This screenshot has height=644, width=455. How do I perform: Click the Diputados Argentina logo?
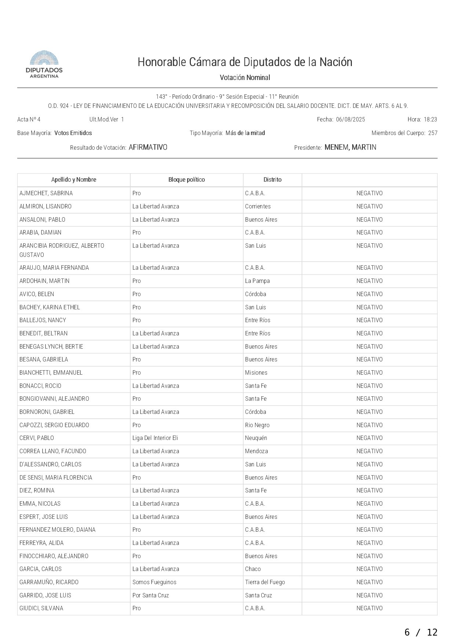coord(44,64)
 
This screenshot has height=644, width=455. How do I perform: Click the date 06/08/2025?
coord(350,120)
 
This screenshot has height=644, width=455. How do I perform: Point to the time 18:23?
coord(430,120)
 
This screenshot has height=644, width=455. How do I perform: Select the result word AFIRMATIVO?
coord(148,148)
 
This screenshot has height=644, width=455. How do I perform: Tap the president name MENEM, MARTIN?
coord(350,148)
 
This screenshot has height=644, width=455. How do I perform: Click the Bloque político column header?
coord(186,180)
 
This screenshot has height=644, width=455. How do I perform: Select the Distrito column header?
coord(272,180)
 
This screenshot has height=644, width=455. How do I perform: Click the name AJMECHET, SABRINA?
coord(46,193)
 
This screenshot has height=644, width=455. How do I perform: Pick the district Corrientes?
coord(258,207)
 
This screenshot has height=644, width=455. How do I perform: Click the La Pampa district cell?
coord(257,281)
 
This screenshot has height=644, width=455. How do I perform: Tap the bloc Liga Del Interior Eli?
coord(155,438)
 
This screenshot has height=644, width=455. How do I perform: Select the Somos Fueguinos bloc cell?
coord(154,582)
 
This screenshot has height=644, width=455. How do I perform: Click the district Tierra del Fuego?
coord(265,582)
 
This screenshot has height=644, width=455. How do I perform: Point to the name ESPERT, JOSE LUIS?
coord(44,517)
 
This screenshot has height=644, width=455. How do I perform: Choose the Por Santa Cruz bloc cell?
coord(150,596)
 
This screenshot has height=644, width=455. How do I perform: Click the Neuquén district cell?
coord(256,438)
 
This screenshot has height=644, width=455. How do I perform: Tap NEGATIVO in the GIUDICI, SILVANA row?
coord(370,608)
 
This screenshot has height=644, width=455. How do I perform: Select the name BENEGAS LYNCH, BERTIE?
coord(51,347)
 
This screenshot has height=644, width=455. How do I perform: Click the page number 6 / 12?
coord(421,632)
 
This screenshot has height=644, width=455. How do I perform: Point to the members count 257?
coord(433,133)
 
